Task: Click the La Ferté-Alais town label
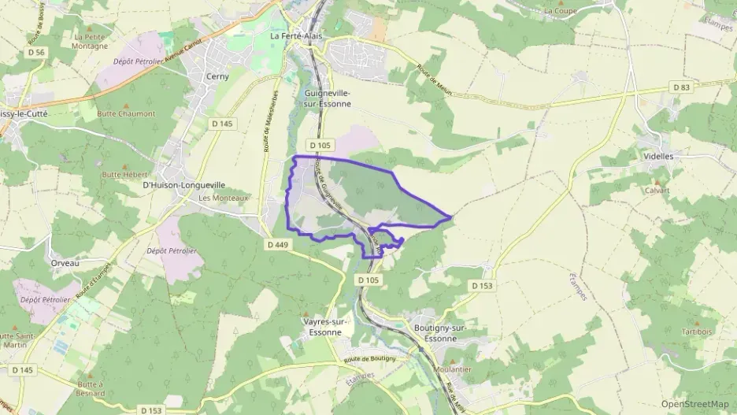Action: (x=296, y=36)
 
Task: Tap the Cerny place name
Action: (x=217, y=76)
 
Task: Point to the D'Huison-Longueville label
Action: (x=183, y=185)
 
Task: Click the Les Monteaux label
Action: (x=224, y=198)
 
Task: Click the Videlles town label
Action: (x=659, y=157)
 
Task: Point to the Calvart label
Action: (x=657, y=191)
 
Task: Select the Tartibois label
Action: (x=697, y=332)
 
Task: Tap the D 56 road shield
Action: (x=35, y=52)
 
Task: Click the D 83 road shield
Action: (x=682, y=87)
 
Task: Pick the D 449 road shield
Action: (x=277, y=245)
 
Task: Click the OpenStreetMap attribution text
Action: (x=694, y=404)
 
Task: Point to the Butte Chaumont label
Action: (x=126, y=113)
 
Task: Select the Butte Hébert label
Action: (x=125, y=174)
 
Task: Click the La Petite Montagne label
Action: (x=91, y=41)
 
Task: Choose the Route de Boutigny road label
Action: (x=369, y=359)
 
